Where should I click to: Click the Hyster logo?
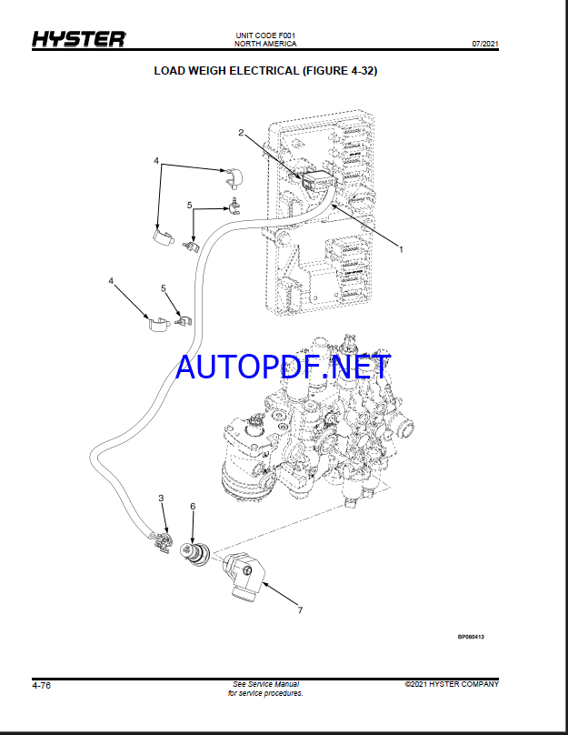pyautogui.click(x=79, y=39)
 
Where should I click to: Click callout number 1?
pyautogui.click(x=401, y=249)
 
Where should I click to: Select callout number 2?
pyautogui.click(x=241, y=133)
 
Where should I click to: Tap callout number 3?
pyautogui.click(x=161, y=498)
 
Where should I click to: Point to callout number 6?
pyautogui.click(x=193, y=507)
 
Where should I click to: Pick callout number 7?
pyautogui.click(x=300, y=609)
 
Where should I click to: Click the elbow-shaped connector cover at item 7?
pyautogui.click(x=244, y=576)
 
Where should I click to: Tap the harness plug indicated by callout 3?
pyautogui.click(x=161, y=542)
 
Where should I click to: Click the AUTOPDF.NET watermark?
pyautogui.click(x=283, y=367)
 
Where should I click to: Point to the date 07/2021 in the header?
pyautogui.click(x=485, y=44)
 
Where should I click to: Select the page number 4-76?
pyautogui.click(x=41, y=685)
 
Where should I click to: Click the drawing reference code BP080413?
pyautogui.click(x=471, y=637)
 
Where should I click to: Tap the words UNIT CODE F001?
pyautogui.click(x=265, y=35)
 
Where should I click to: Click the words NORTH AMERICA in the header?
pyautogui.click(x=265, y=44)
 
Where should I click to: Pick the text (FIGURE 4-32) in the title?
pyautogui.click(x=340, y=71)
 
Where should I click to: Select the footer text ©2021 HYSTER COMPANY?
pyautogui.click(x=452, y=684)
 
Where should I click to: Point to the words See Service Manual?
pyautogui.click(x=265, y=684)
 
